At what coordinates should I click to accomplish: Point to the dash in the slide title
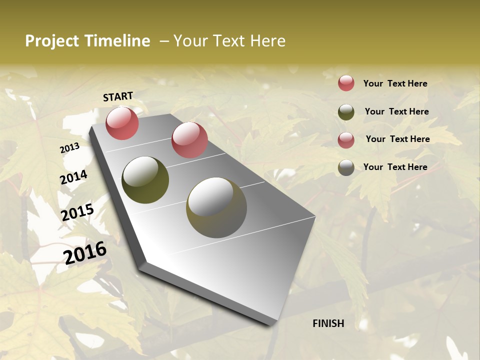pyautogui.click(x=164, y=41)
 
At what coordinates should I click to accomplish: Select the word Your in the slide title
pyautogui.click(x=190, y=41)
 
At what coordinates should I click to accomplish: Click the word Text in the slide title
pyautogui.click(x=227, y=41)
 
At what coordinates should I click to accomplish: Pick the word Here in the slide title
pyautogui.click(x=267, y=41)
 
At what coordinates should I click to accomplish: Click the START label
pyautogui.click(x=118, y=96)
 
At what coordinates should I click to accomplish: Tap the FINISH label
pyautogui.click(x=328, y=323)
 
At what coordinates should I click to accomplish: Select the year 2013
pyautogui.click(x=69, y=148)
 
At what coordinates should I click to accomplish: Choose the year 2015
pyautogui.click(x=77, y=212)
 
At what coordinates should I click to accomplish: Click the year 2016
pyautogui.click(x=85, y=252)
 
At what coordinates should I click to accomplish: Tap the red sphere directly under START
pyautogui.click(x=122, y=123)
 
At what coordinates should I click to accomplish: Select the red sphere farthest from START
pyautogui.click(x=189, y=140)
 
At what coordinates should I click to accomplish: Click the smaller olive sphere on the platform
pyautogui.click(x=145, y=180)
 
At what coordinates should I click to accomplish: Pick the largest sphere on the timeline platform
pyautogui.click(x=216, y=207)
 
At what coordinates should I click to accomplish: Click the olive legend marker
pyautogui.click(x=346, y=112)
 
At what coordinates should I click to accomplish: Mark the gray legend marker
pyautogui.click(x=346, y=167)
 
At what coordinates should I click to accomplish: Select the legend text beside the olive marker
pyautogui.click(x=396, y=111)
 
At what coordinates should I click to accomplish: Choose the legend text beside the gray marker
pyautogui.click(x=395, y=167)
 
